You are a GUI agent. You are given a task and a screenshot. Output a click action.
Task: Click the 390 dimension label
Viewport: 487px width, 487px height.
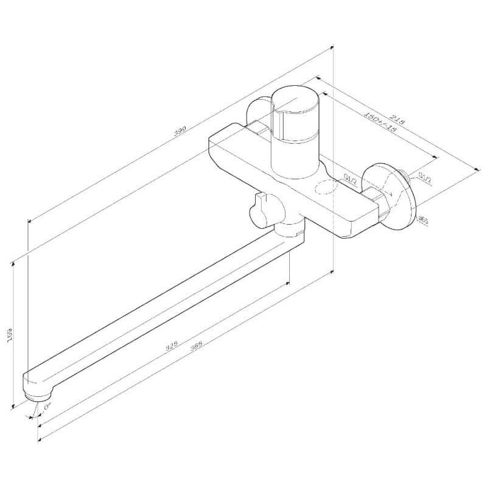(x=180, y=130)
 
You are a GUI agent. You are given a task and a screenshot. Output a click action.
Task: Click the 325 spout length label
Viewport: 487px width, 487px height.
(x=172, y=346)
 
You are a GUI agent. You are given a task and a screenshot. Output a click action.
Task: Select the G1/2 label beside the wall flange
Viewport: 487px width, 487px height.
(x=424, y=178)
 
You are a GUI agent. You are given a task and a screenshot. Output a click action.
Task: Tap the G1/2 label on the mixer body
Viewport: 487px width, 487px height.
(x=350, y=178)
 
